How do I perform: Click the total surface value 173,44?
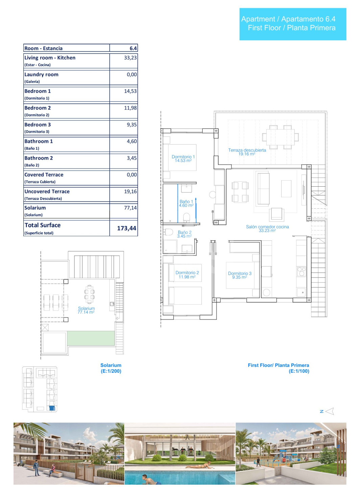(127, 228)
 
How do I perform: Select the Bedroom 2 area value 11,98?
(130, 108)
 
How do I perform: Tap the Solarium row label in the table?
(35, 208)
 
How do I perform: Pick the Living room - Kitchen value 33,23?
(130, 58)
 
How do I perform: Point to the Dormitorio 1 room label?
(183, 159)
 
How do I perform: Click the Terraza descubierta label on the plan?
(247, 152)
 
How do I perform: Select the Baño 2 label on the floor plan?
(184, 234)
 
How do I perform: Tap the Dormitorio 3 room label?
(240, 275)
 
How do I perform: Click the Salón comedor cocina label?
(267, 229)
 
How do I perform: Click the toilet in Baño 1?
(186, 217)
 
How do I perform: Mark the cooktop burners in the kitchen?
(301, 271)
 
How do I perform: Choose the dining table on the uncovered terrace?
(280, 137)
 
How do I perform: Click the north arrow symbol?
(330, 411)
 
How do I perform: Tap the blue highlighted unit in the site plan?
(52, 408)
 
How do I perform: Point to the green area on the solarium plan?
(91, 338)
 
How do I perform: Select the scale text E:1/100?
(299, 371)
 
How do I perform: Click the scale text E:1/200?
(111, 371)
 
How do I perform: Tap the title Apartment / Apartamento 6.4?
(288, 19)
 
